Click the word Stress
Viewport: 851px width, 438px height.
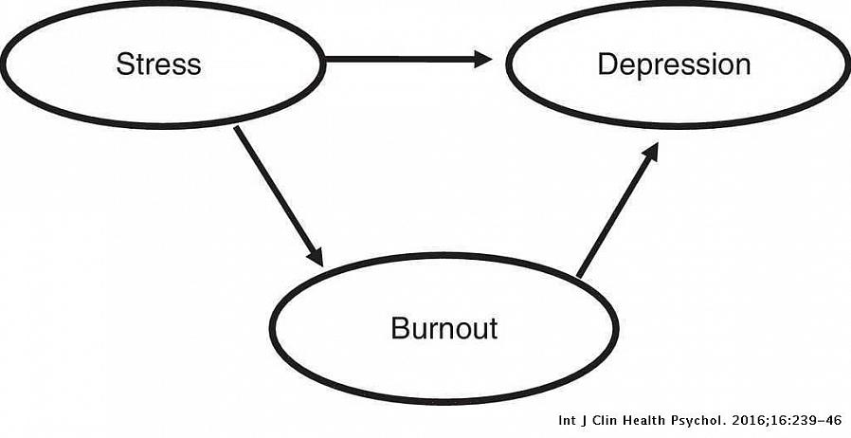tap(158, 64)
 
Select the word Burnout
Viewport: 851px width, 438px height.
tap(444, 328)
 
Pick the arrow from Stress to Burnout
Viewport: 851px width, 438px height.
tap(277, 193)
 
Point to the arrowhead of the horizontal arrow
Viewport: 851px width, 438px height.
tap(482, 60)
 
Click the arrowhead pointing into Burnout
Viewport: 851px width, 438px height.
tap(315, 256)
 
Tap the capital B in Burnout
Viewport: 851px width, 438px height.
tap(399, 328)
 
